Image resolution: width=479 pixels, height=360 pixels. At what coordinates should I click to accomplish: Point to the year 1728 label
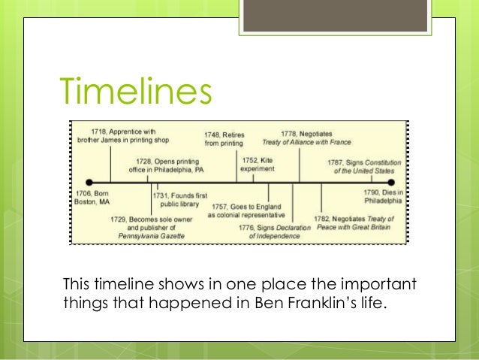point(145,160)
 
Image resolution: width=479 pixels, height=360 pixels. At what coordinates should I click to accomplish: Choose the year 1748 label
point(213,135)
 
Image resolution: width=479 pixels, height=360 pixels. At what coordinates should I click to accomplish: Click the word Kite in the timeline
point(268,160)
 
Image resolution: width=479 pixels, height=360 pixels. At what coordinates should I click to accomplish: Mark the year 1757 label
point(221,206)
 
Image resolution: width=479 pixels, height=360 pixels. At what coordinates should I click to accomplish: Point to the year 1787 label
point(337,162)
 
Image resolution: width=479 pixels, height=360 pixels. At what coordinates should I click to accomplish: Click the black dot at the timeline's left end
point(89,182)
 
